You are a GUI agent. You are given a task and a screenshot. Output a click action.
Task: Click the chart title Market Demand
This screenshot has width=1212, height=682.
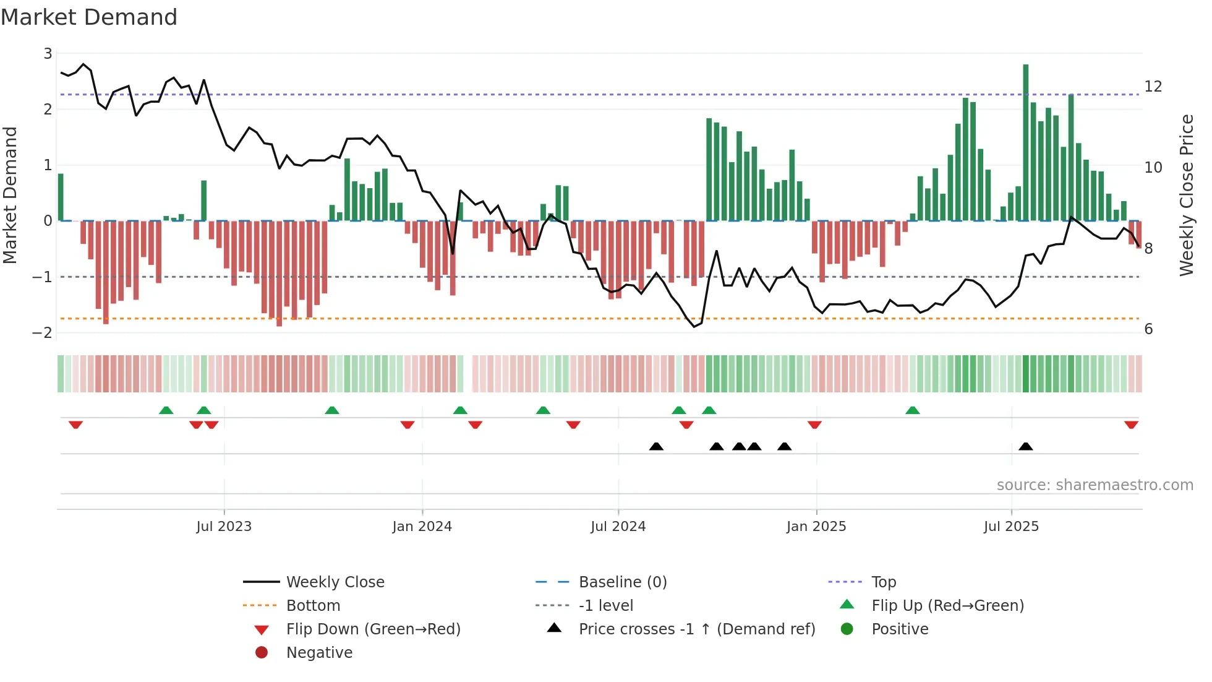point(89,17)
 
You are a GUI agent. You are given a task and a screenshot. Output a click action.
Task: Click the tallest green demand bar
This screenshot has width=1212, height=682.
point(1025,142)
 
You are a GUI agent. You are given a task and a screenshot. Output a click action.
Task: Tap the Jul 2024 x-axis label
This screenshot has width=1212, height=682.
point(618,527)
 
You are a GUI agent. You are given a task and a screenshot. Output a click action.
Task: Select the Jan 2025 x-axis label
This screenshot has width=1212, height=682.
point(816,527)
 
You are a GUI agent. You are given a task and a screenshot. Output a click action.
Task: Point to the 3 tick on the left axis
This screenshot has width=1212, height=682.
point(48,54)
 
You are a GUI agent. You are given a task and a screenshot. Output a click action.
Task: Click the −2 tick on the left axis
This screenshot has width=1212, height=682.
point(43,332)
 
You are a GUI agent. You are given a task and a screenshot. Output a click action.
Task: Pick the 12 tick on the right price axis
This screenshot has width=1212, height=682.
point(1153,87)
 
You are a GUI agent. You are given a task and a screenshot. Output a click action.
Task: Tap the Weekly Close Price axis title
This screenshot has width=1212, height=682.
point(1186,195)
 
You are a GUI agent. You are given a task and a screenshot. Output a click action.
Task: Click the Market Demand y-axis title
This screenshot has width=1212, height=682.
point(11,195)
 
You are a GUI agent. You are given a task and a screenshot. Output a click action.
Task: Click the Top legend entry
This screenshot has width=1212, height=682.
point(883,582)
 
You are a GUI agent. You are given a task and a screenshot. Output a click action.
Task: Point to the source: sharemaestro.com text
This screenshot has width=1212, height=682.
point(1095,485)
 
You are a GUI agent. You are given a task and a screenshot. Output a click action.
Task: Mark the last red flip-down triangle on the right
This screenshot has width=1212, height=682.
point(1131,425)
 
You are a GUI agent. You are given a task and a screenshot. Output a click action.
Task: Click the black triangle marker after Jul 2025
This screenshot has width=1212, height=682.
point(1025,447)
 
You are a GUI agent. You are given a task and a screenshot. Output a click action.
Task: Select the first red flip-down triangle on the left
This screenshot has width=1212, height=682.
point(75,425)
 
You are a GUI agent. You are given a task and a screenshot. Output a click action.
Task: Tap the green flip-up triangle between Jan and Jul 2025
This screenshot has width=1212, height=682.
point(912,410)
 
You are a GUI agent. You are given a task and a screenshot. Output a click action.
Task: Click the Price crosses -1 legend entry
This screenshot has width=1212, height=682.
point(696,629)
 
